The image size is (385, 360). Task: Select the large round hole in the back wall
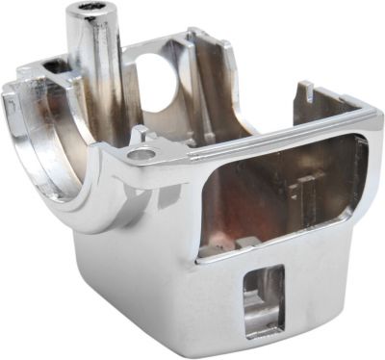point(155,78)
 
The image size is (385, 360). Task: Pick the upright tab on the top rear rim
point(306,94)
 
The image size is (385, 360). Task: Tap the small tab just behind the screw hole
point(141,133)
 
